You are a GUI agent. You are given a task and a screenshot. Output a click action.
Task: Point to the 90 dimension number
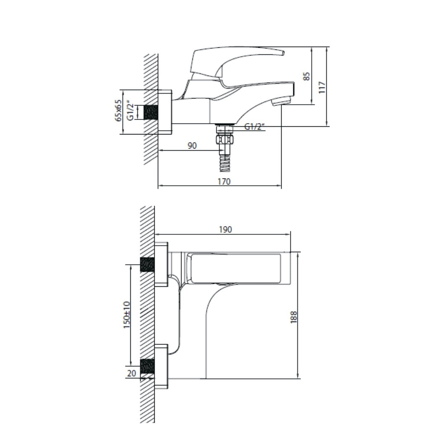click(x=192, y=146)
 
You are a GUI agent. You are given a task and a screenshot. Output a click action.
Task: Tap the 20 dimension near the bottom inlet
click(x=132, y=373)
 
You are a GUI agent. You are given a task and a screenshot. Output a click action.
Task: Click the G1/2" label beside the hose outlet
click(x=254, y=126)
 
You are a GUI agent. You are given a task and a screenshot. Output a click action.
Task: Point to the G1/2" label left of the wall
click(x=131, y=111)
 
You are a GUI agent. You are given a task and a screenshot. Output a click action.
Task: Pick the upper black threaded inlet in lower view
click(x=148, y=265)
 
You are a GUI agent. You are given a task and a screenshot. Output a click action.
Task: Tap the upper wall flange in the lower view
click(x=162, y=265)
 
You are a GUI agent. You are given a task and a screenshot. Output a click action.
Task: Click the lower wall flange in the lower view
click(x=162, y=366)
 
